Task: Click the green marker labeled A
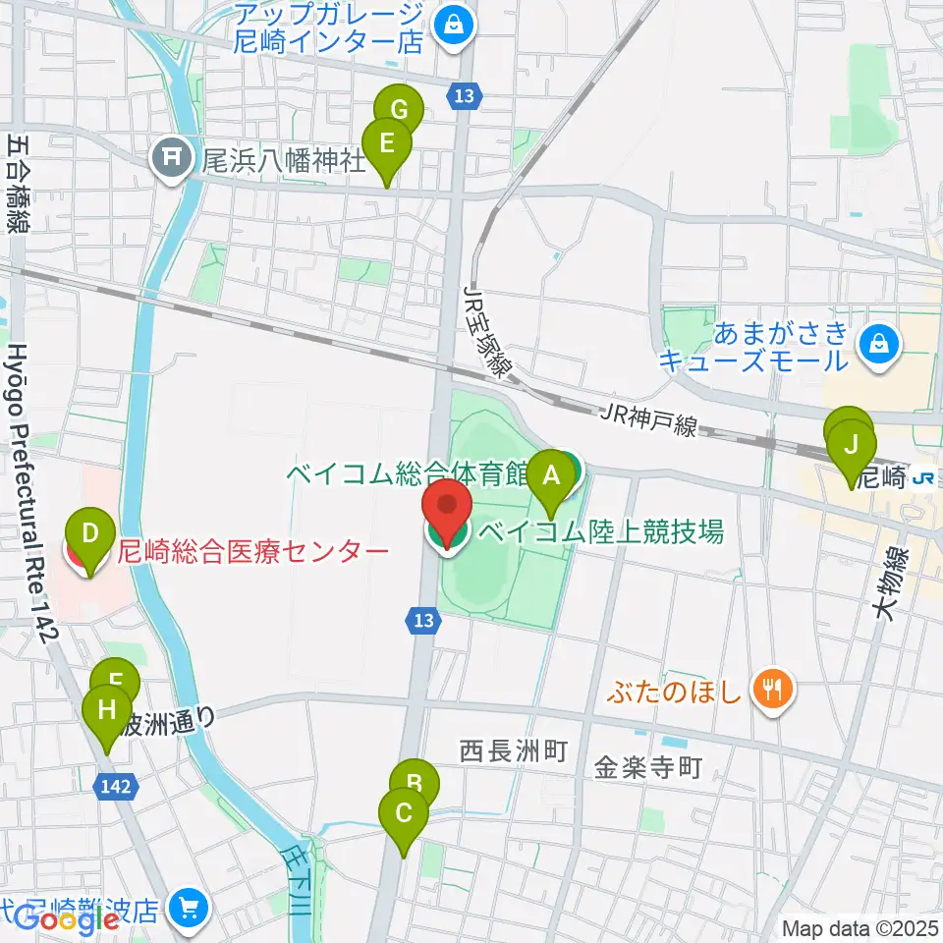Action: (x=551, y=478)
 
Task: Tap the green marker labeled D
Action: (x=90, y=535)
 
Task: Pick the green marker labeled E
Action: (x=387, y=145)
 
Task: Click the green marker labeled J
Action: (x=852, y=448)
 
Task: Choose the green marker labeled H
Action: (x=107, y=710)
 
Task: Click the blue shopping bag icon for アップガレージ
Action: (x=454, y=28)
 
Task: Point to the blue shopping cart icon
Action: (x=188, y=909)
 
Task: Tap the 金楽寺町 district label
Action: (x=648, y=766)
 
